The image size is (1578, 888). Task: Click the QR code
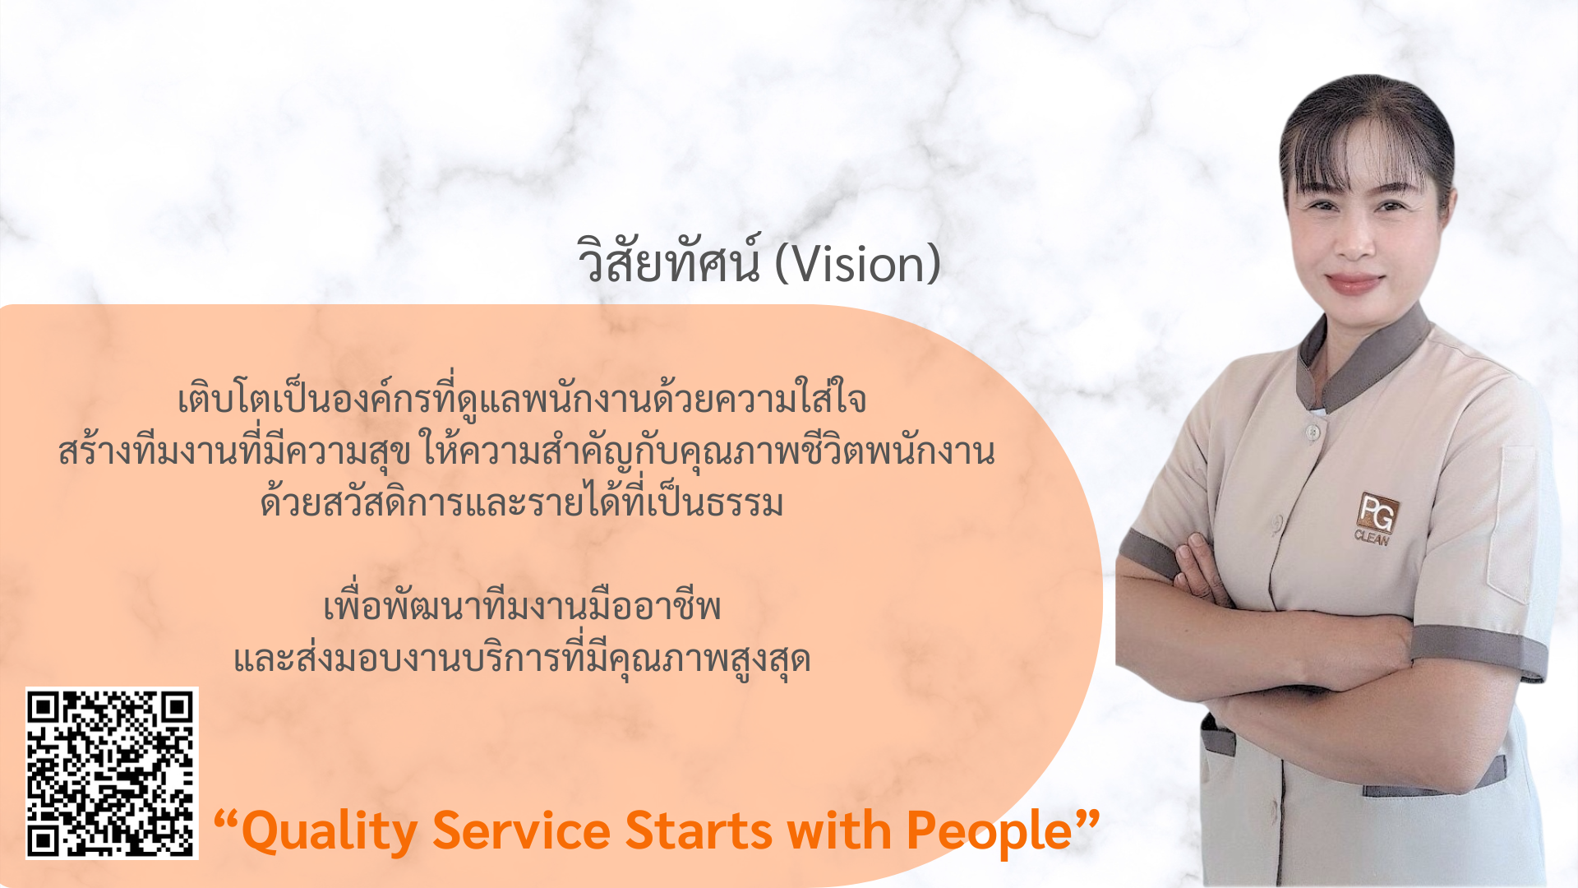(112, 773)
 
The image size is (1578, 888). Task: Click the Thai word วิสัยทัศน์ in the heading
(669, 260)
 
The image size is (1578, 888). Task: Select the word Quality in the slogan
(329, 832)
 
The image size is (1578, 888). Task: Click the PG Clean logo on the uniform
(1374, 518)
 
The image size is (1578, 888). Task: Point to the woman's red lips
(1354, 283)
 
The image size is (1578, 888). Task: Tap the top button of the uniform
(1313, 431)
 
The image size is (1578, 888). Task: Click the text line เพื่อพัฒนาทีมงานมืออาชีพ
(522, 606)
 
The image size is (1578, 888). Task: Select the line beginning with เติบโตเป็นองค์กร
(522, 398)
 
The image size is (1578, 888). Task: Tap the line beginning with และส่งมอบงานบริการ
(522, 658)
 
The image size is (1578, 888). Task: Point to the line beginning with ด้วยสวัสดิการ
(522, 502)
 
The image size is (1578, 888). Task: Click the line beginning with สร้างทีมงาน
(527, 450)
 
